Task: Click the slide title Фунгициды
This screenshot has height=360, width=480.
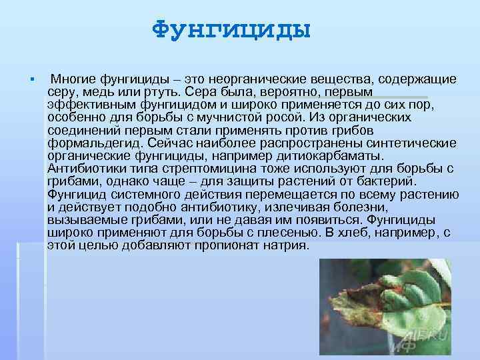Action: (231, 31)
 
